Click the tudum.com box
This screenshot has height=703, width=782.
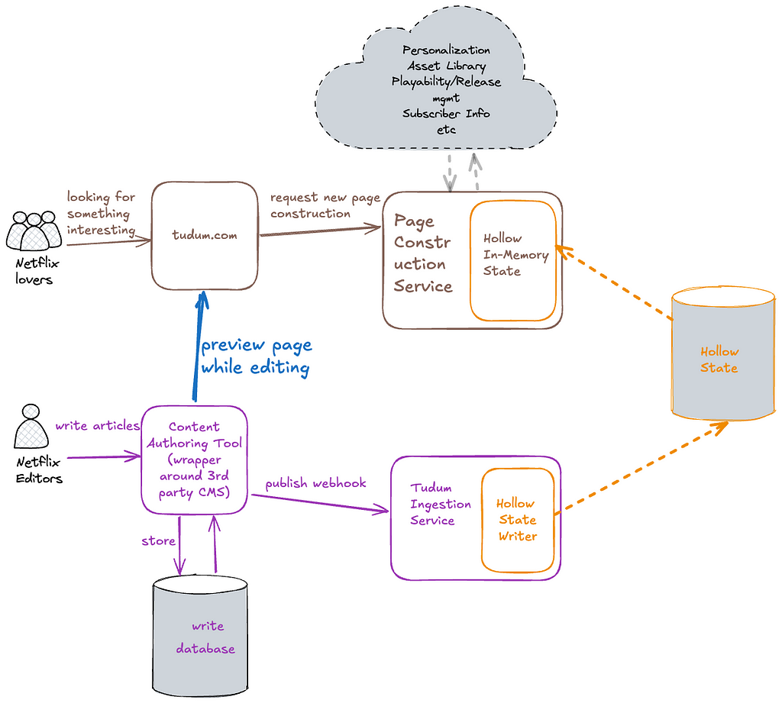[205, 235]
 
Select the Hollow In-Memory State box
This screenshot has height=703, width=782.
[512, 261]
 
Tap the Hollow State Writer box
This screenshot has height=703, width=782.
[518, 520]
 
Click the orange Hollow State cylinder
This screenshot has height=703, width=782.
[722, 353]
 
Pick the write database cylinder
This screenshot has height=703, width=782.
[200, 636]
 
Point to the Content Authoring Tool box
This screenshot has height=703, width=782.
[194, 460]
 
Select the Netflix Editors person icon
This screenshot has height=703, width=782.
[31, 426]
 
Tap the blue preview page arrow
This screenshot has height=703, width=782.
[199, 346]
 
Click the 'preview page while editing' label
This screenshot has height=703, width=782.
[256, 356]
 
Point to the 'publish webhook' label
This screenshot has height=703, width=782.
[315, 483]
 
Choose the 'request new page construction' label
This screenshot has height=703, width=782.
[325, 205]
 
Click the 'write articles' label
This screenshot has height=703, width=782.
[97, 425]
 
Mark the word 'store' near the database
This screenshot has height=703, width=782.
[158, 541]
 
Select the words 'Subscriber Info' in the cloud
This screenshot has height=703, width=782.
[446, 114]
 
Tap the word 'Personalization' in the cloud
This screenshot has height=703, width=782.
[446, 50]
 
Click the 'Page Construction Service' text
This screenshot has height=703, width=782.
[423, 253]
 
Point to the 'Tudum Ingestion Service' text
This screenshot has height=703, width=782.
[441, 504]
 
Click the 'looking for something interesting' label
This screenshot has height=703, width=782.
[102, 214]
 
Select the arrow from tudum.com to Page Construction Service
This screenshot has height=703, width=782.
[320, 231]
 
